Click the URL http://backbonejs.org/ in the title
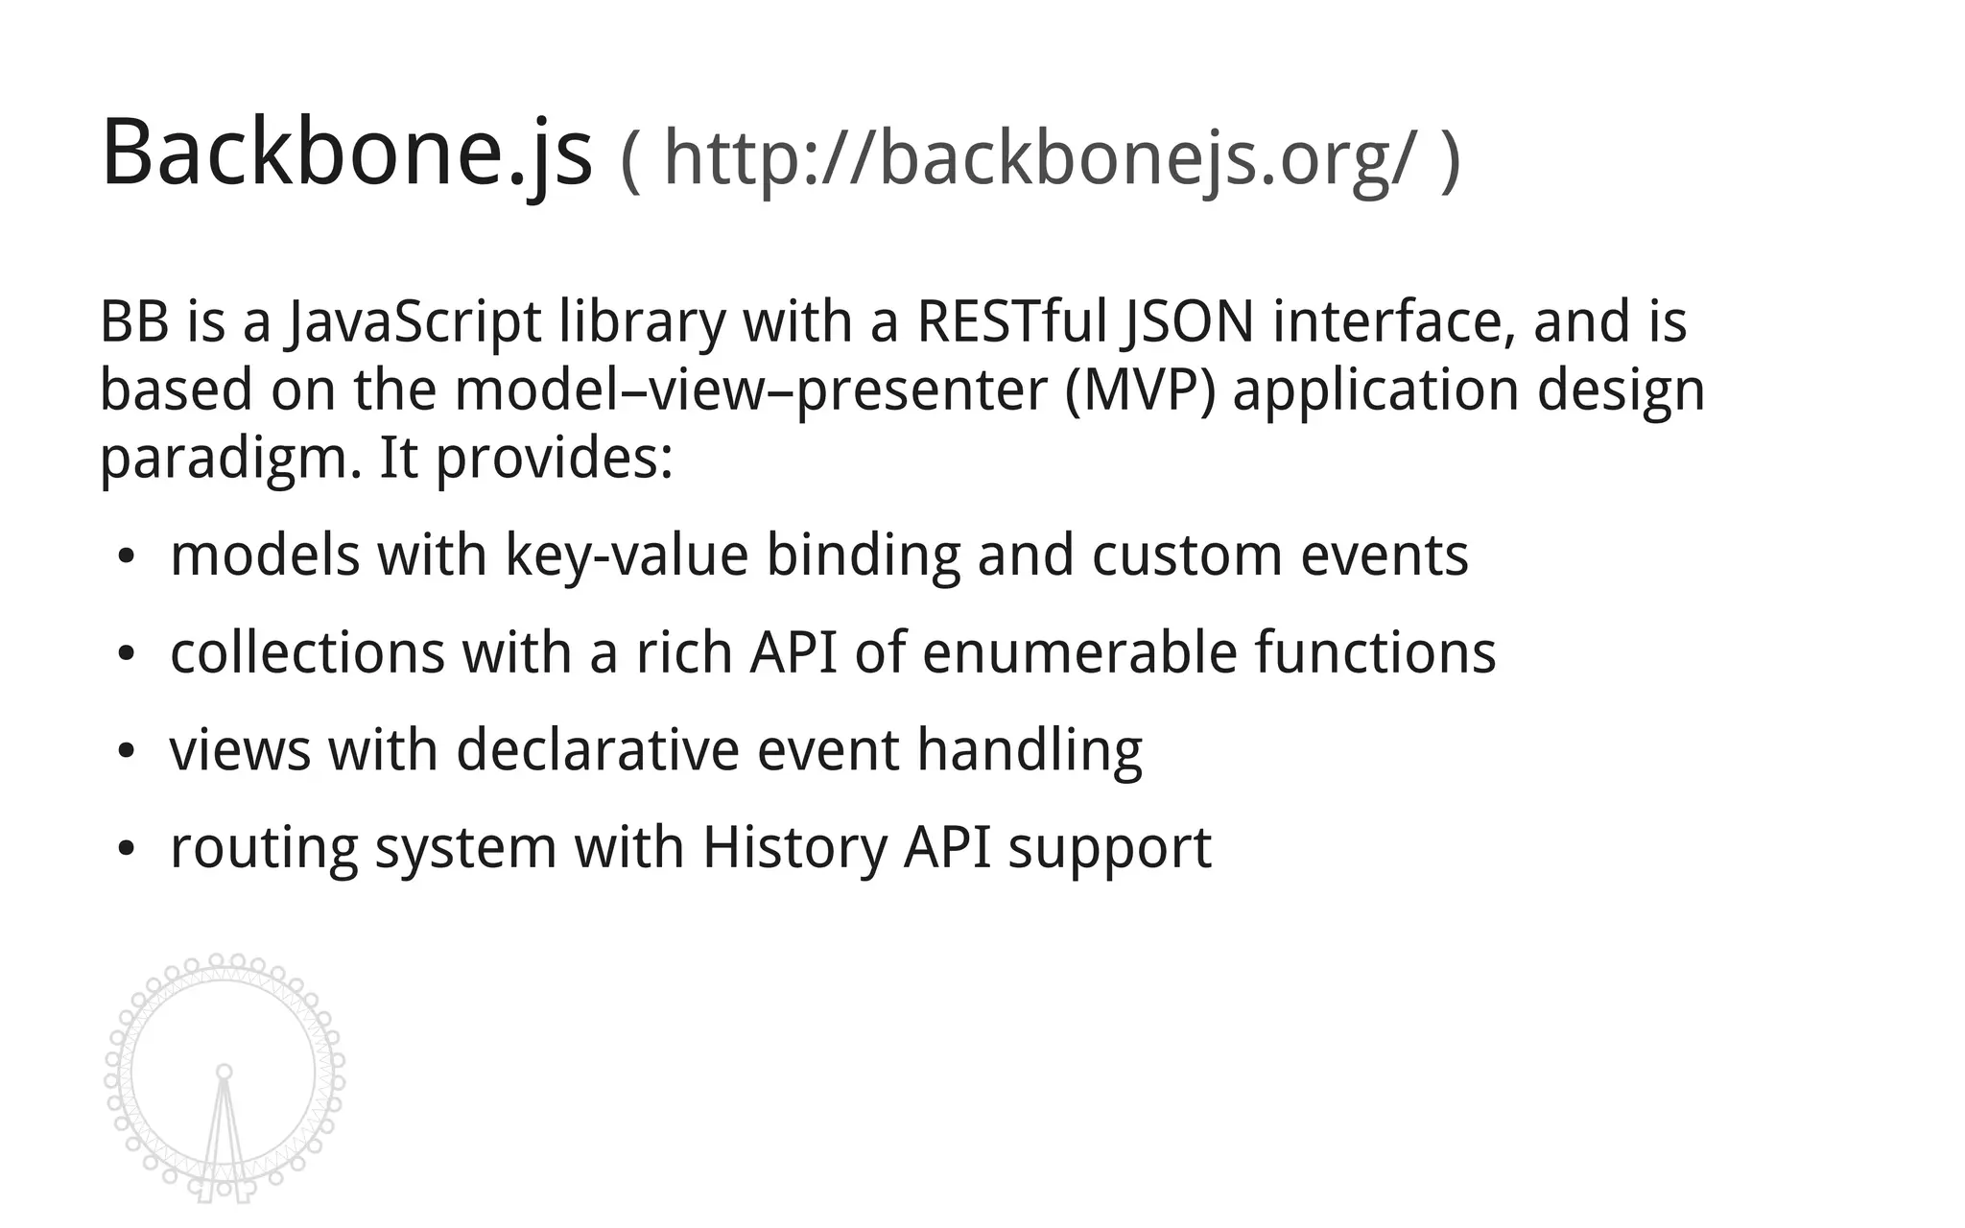click(1038, 158)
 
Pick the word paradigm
click(230, 460)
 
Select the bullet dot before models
click(126, 557)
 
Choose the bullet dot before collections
click(126, 654)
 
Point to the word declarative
click(597, 749)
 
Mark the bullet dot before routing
click(126, 849)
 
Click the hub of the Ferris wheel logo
click(225, 1072)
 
